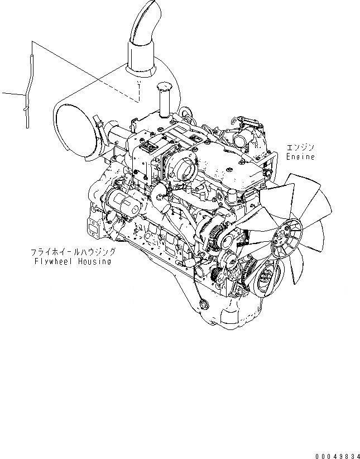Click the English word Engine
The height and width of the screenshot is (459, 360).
click(x=300, y=157)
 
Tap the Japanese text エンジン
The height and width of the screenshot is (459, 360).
click(x=300, y=148)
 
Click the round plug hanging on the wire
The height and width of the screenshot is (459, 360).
click(x=202, y=304)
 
